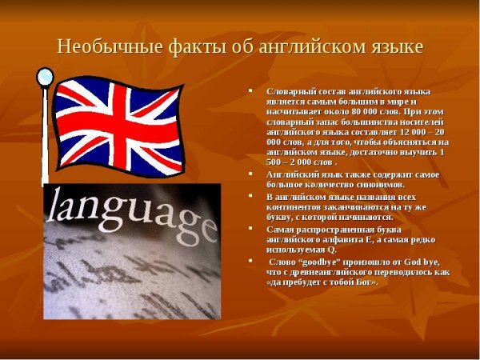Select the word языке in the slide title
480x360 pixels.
[x=392, y=46]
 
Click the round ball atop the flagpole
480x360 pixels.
[x=45, y=77]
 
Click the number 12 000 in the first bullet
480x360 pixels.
[x=406, y=132]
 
